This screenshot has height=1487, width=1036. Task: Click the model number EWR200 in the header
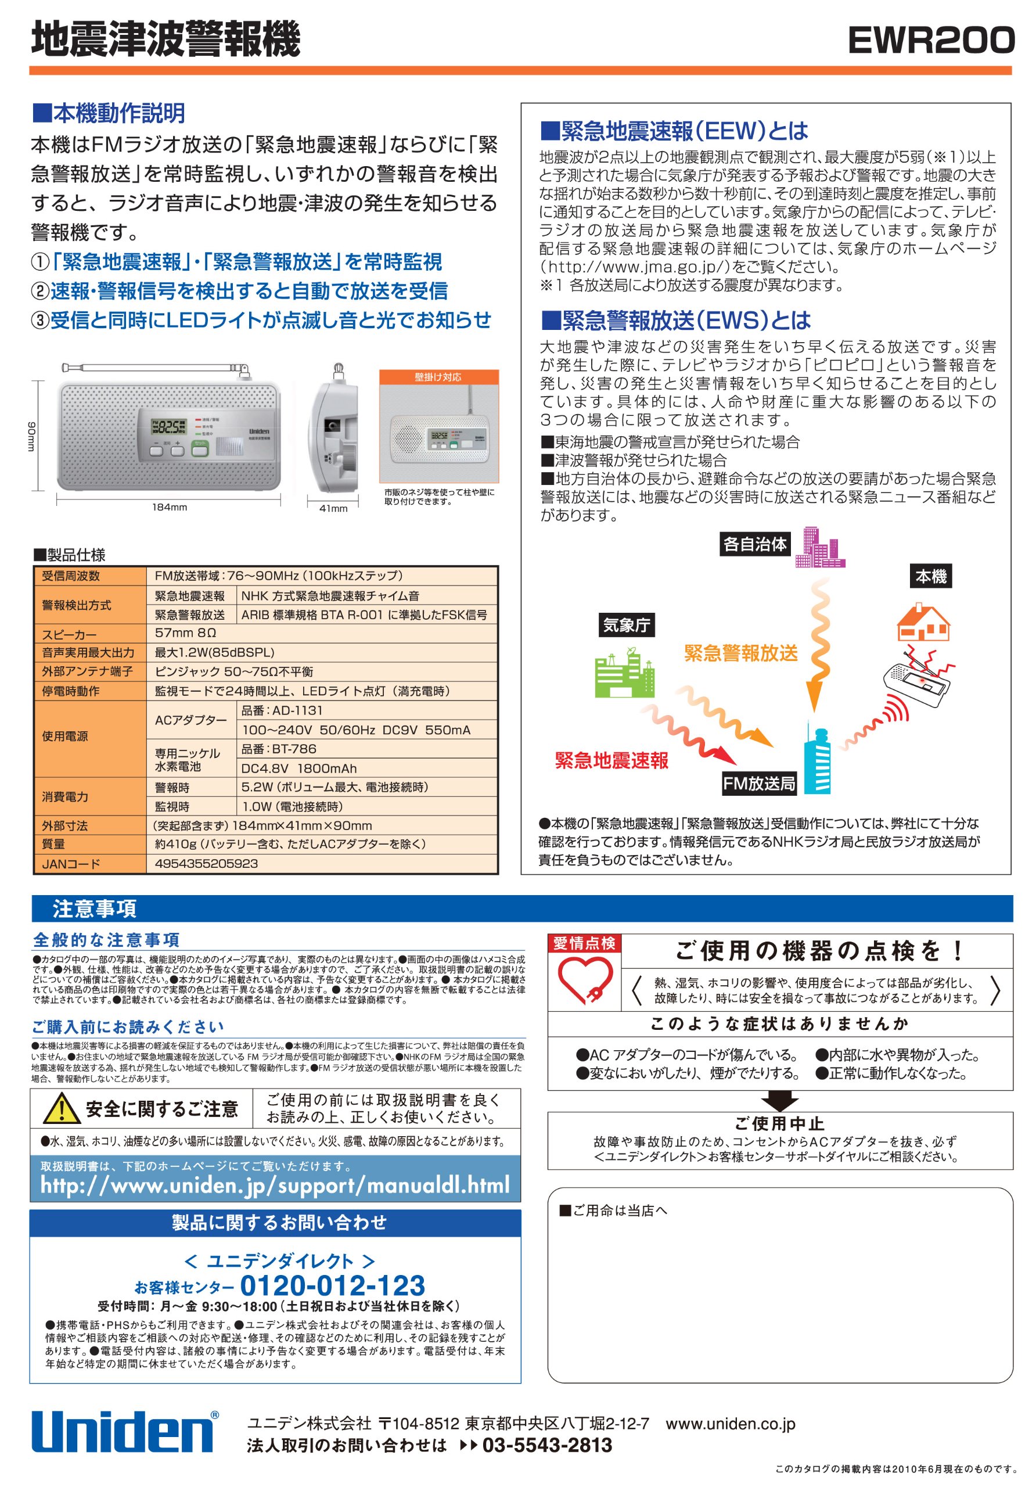[930, 41]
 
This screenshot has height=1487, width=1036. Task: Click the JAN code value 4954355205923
[206, 863]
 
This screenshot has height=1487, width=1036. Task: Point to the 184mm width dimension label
[170, 507]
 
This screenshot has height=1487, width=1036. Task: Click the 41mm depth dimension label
[333, 508]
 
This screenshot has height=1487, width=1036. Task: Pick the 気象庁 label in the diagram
[626, 625]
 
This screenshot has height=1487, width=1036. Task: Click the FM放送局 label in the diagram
[759, 784]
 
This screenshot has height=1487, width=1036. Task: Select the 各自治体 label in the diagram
[754, 544]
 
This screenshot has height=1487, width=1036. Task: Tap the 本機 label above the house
[931, 576]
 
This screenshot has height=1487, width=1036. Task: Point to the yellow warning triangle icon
[62, 1108]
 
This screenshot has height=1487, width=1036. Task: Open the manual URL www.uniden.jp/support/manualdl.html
[275, 1185]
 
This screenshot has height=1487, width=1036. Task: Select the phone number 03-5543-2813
[547, 1446]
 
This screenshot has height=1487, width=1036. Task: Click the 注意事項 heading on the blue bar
[95, 908]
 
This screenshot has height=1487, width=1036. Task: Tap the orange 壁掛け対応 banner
[438, 377]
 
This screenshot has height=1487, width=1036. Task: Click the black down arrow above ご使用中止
[779, 1100]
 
